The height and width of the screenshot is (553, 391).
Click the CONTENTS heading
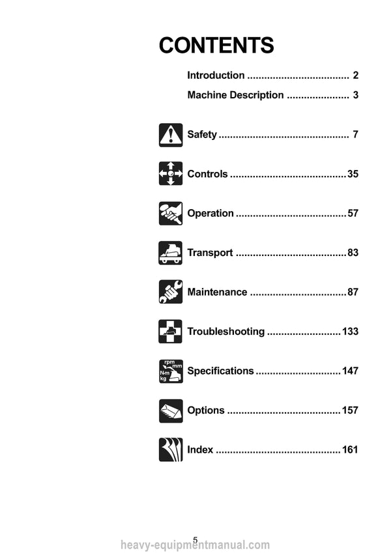(x=216, y=45)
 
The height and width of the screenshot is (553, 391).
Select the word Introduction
(x=216, y=75)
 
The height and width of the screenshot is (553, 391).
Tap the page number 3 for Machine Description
(x=355, y=95)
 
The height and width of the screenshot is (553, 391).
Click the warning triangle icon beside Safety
(x=171, y=135)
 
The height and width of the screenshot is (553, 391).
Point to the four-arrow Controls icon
(x=171, y=173)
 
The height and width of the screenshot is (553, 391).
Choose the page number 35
(x=353, y=174)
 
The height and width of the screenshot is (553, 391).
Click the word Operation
(x=210, y=214)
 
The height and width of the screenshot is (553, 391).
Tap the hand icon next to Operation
(x=171, y=214)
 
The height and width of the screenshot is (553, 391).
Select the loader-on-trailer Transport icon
(x=171, y=253)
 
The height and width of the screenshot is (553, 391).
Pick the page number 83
(x=353, y=253)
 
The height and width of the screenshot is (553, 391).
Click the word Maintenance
(x=217, y=292)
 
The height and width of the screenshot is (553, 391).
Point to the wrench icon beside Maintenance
(x=171, y=292)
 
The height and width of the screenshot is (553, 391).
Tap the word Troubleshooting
(x=226, y=332)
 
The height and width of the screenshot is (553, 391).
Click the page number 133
(x=351, y=332)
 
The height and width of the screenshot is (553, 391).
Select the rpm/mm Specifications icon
(x=171, y=371)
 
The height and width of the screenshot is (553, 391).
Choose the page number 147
(x=351, y=371)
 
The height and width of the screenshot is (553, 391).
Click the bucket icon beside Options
(x=171, y=411)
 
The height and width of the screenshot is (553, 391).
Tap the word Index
(x=200, y=449)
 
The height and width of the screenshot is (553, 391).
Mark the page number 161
(x=351, y=449)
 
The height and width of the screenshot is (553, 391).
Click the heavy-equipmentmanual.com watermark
(x=195, y=545)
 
